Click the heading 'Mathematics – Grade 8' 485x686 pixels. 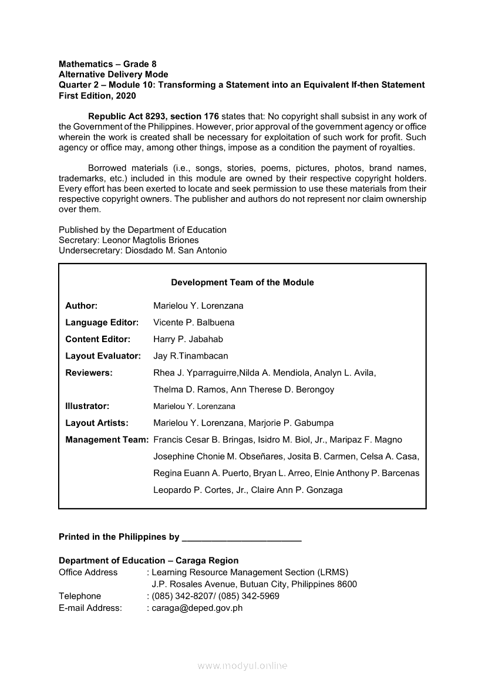click(107, 64)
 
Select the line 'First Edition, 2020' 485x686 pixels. click(97, 96)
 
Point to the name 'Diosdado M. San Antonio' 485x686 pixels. click(176, 251)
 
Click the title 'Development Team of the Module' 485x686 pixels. click(242, 282)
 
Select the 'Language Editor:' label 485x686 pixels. click(102, 322)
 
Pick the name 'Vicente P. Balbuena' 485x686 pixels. click(193, 322)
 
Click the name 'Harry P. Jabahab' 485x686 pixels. click(188, 339)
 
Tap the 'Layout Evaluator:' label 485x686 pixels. click(103, 356)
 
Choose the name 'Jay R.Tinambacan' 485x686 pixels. click(190, 356)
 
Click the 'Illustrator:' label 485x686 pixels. click(87, 406)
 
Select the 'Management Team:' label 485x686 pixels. click(106, 440)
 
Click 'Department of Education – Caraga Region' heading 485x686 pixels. click(149, 560)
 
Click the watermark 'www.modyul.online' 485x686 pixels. click(242, 665)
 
